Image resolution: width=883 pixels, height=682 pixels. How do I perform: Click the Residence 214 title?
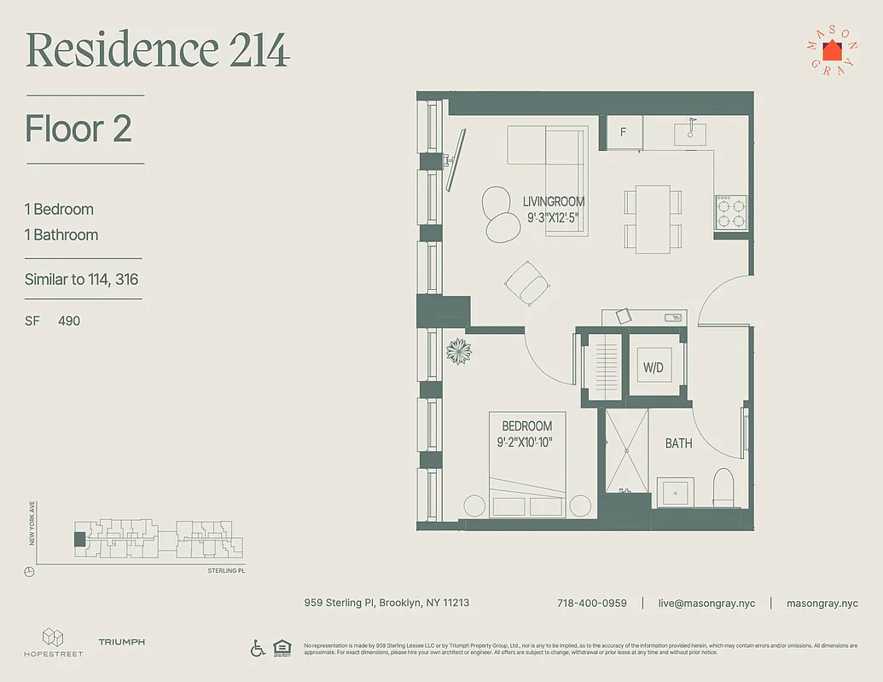(x=158, y=51)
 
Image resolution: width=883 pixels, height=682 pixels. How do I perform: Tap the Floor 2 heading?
(x=78, y=129)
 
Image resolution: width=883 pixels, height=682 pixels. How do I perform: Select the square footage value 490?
(x=69, y=321)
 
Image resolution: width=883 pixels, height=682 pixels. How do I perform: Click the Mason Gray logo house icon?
(x=832, y=50)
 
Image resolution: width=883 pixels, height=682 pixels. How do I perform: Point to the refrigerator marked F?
(x=623, y=132)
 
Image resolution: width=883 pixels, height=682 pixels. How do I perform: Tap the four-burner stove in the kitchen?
(x=730, y=211)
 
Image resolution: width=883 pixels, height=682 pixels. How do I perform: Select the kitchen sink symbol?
(x=689, y=133)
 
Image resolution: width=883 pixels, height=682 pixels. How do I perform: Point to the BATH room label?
(x=679, y=443)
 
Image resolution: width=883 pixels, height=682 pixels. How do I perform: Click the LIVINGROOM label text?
(x=554, y=202)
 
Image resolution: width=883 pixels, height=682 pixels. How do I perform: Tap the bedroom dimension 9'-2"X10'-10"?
(x=526, y=442)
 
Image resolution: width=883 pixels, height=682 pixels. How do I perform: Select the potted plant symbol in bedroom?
(x=458, y=350)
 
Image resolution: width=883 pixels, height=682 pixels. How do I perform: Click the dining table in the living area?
(x=653, y=218)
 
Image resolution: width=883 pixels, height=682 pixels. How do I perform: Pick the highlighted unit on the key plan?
(x=80, y=539)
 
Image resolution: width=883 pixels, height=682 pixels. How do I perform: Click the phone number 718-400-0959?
(x=591, y=603)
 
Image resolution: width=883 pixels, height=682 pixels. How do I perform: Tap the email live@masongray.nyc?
(x=706, y=603)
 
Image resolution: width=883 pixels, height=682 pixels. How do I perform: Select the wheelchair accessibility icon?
(x=258, y=648)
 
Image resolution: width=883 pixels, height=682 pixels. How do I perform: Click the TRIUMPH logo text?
(x=121, y=642)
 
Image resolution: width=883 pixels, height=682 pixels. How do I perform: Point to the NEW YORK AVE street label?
(x=32, y=523)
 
